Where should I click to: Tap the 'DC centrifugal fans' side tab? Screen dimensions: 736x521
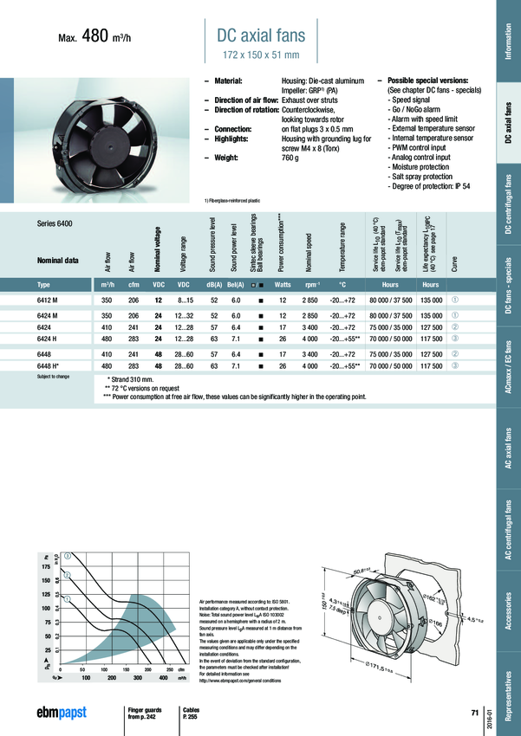pos(507,204)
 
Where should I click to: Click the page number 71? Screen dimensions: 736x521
pos(474,713)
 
